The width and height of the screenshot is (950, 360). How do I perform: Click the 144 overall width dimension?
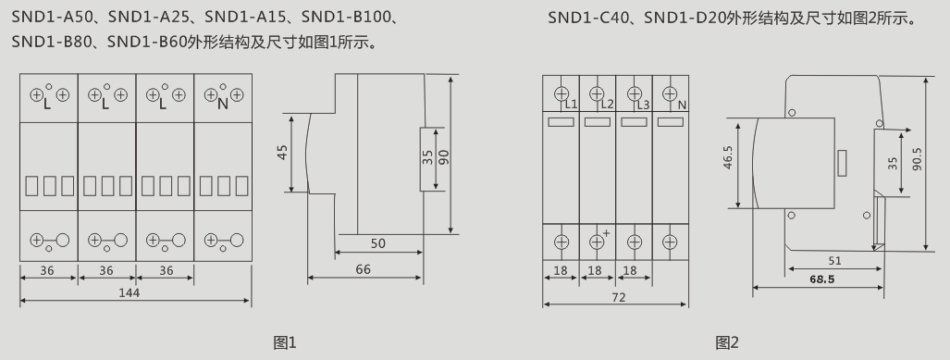pyautogui.click(x=130, y=292)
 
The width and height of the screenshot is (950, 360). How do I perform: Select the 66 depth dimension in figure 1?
pyautogui.click(x=363, y=269)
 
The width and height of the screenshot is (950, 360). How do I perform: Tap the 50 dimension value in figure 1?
pyautogui.click(x=378, y=243)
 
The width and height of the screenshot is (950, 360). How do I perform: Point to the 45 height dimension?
pyautogui.click(x=282, y=152)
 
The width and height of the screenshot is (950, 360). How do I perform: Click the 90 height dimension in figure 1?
pyautogui.click(x=444, y=157)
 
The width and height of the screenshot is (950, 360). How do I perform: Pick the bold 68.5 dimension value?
pyautogui.click(x=822, y=279)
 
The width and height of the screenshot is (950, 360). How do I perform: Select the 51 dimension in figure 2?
pyautogui.click(x=834, y=261)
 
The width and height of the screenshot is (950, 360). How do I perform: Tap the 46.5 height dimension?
pyautogui.click(x=728, y=157)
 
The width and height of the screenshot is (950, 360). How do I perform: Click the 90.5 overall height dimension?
pyautogui.click(x=917, y=159)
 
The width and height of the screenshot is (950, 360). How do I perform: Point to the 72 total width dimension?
pyautogui.click(x=618, y=298)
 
